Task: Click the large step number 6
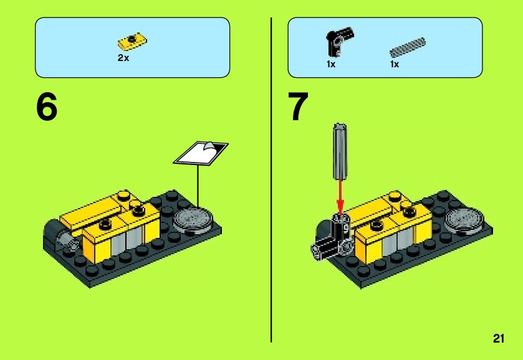pos(47,107)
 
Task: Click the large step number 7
pos(299,107)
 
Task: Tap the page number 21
pos(499,338)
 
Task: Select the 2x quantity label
pos(123,58)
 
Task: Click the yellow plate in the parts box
pos(132,41)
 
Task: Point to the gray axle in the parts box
pos(408,47)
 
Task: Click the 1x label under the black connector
pos(331,64)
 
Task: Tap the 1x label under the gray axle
pos(395,64)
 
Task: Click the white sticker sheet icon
pos(201,153)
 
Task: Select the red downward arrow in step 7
pos(340,197)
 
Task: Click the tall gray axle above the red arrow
pos(340,152)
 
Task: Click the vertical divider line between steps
pos(271,180)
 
